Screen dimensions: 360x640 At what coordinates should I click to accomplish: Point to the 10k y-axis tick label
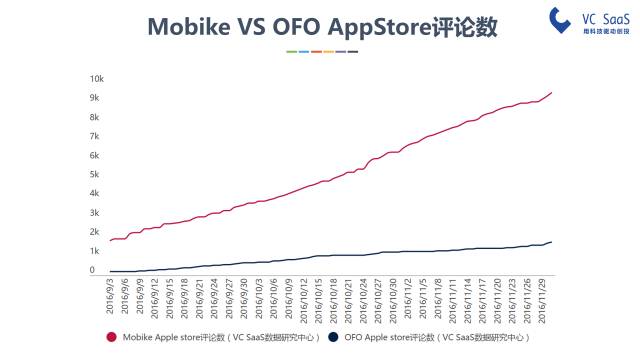(97, 79)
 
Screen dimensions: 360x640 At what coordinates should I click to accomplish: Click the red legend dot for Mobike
(112, 337)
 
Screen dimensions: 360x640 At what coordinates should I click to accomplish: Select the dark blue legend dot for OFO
(335, 337)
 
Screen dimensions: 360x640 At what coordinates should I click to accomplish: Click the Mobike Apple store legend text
(220, 338)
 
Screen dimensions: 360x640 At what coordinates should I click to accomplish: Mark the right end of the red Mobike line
(551, 93)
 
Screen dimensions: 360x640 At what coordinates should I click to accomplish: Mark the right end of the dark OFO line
(551, 242)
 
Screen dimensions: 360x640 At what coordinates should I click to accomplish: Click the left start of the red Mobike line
(109, 240)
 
